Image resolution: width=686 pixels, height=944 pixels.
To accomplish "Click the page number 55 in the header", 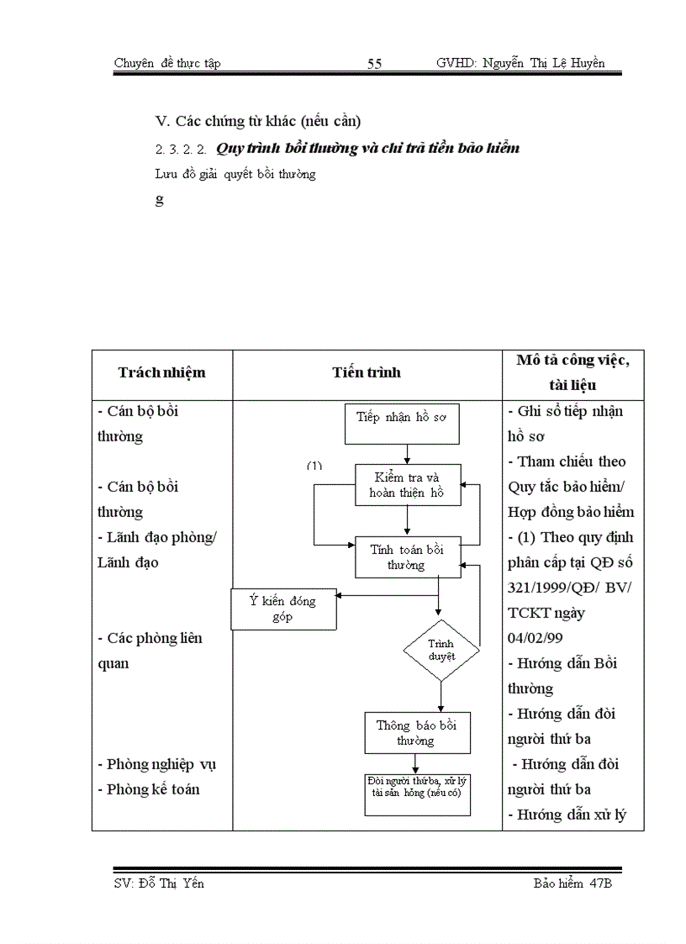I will coord(374,64).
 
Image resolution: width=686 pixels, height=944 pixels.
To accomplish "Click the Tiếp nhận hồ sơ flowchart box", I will coord(402,423).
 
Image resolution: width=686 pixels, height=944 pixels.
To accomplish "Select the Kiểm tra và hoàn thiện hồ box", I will coord(408,485).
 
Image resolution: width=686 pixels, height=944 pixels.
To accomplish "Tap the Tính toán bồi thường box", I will coord(408,557).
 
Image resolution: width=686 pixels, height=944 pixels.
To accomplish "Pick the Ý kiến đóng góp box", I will coord(283,609).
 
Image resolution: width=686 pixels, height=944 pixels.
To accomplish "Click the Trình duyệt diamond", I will coord(441,650).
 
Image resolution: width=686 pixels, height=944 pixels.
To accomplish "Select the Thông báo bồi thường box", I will coord(417,733).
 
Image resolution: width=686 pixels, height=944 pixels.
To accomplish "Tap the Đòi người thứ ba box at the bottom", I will coord(417,793).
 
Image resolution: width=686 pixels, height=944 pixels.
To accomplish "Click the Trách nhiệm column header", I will coord(161,372).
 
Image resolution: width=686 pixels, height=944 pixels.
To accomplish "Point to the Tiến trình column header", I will coord(367,372).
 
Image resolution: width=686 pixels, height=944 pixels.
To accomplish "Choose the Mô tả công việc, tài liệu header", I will coord(573,372).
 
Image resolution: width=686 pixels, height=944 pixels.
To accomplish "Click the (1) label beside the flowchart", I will coord(314,465).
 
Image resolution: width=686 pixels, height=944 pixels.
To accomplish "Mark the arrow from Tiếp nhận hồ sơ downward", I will coord(407,454).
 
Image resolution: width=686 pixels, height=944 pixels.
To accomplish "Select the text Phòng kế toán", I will coord(153,789).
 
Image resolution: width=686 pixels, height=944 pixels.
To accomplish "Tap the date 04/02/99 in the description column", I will coord(534,638).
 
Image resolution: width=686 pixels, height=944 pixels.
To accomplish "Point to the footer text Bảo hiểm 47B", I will coord(572,883).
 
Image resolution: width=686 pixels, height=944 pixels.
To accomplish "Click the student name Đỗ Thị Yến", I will coord(172,883).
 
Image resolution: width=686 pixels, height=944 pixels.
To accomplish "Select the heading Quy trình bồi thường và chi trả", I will coord(367,148).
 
